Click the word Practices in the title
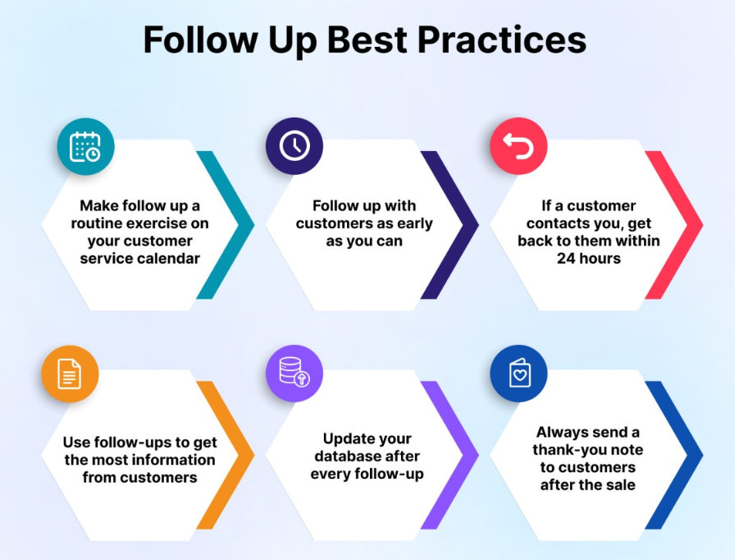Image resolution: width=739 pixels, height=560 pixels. [502, 39]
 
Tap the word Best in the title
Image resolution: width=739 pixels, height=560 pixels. [367, 39]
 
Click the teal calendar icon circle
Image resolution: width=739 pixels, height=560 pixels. [86, 147]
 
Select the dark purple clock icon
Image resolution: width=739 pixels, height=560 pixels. [294, 146]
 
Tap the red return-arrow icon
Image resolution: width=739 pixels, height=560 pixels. [519, 146]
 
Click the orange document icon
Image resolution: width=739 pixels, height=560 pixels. [70, 374]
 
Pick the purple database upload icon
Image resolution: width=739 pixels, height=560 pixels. [294, 374]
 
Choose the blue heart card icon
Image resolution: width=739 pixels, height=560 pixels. [519, 374]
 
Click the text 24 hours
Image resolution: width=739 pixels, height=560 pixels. [589, 259]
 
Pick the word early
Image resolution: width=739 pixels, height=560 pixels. [415, 223]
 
